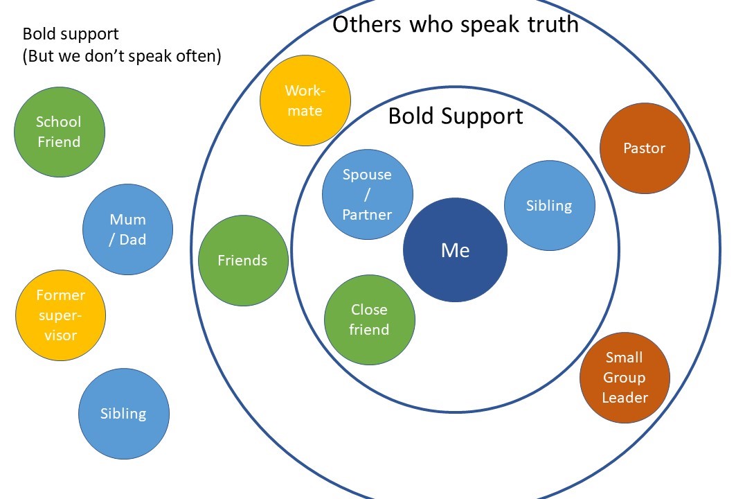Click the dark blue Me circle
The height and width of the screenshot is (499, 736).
(x=455, y=250)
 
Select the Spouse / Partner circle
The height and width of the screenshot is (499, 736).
(x=367, y=195)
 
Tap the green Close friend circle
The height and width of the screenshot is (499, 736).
(x=369, y=319)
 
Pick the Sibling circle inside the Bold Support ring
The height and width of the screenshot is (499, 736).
(x=549, y=206)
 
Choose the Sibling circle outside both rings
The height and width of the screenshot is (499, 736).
(x=124, y=414)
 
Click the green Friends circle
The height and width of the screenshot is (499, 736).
(x=243, y=261)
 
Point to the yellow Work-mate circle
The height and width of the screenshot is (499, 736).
(x=305, y=100)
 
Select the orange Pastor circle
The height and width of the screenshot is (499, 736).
(x=644, y=148)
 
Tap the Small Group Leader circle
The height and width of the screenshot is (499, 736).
(x=625, y=378)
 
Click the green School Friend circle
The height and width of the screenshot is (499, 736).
(x=59, y=132)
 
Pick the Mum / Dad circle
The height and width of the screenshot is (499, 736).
(x=127, y=229)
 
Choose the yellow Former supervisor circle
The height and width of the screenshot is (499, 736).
(x=60, y=315)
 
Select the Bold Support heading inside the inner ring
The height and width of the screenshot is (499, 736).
(x=455, y=116)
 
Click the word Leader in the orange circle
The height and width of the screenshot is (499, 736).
(x=625, y=398)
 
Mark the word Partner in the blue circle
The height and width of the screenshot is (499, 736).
(x=367, y=215)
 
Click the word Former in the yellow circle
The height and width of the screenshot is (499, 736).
(x=60, y=295)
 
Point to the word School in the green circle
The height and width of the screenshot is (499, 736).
(x=59, y=122)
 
